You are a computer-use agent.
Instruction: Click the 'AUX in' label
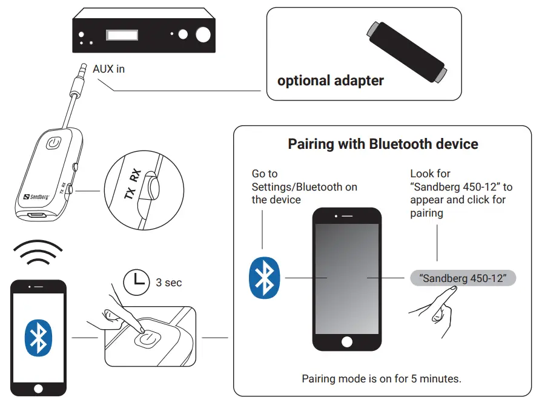coord(108,69)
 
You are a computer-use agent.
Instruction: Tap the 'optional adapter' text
coord(330,80)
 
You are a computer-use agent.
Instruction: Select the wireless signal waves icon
coord(38,253)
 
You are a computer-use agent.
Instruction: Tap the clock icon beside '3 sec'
coord(136,282)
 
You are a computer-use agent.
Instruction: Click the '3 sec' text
coord(169,283)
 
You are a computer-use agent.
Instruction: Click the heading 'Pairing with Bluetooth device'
coord(383,144)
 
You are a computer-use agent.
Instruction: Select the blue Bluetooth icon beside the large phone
coord(265,278)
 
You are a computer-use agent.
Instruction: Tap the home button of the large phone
coord(346,341)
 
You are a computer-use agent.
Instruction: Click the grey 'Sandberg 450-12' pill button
coord(463,278)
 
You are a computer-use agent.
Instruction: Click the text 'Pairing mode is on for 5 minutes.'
coord(382,379)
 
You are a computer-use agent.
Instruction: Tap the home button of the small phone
coord(39,387)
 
